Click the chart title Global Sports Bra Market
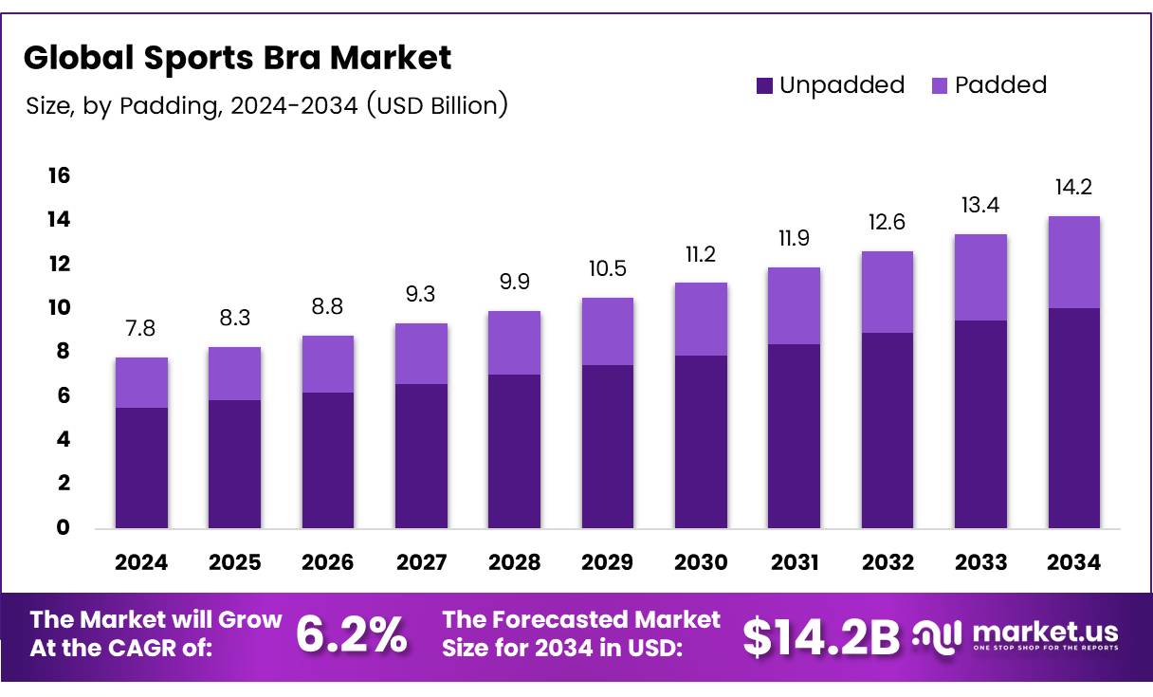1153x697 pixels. tap(237, 59)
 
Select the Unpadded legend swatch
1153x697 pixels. tap(765, 85)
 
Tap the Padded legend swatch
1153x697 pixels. tap(941, 85)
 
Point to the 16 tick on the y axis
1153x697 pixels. tap(59, 175)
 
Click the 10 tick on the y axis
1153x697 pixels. tap(59, 307)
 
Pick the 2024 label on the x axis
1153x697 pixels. tap(141, 562)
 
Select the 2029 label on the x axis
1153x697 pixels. tap(608, 562)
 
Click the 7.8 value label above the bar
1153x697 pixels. tap(141, 328)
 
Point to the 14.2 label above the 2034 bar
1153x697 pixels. tap(1074, 187)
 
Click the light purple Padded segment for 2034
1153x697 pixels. tap(1074, 262)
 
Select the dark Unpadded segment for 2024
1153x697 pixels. tap(141, 468)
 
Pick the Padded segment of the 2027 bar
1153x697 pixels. tap(421, 354)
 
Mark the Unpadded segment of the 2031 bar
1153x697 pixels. tap(795, 436)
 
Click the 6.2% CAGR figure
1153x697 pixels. tap(352, 635)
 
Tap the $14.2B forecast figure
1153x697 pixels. tap(820, 637)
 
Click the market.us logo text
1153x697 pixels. tap(1045, 632)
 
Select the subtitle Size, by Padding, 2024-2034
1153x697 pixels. tap(266, 105)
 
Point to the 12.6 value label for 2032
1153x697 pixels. tap(888, 222)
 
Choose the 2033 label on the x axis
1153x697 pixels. tap(980, 562)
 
